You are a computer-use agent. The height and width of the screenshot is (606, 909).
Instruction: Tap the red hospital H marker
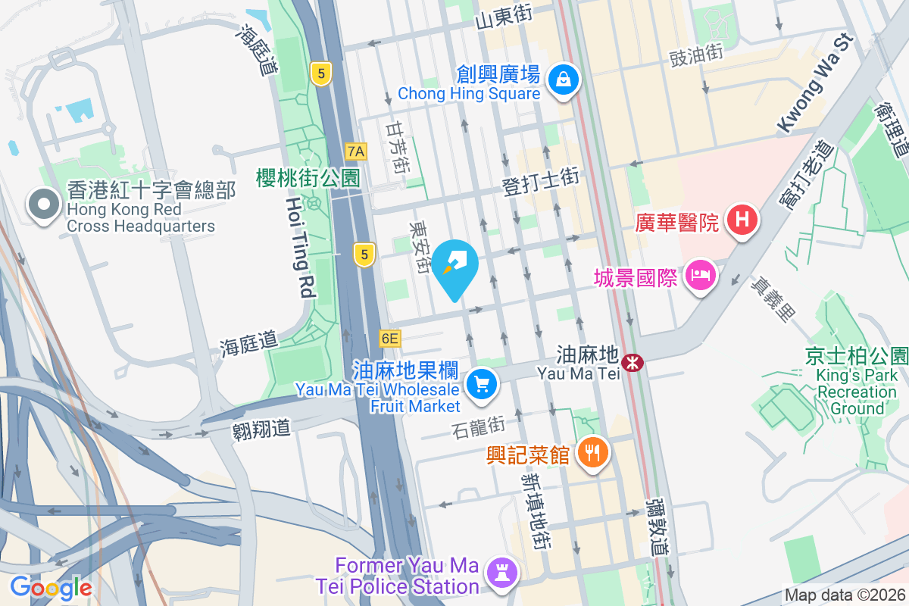click(x=742, y=220)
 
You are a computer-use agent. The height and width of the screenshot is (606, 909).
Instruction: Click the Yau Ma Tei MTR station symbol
click(x=632, y=364)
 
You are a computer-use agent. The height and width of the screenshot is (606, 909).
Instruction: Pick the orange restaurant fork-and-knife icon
click(x=592, y=453)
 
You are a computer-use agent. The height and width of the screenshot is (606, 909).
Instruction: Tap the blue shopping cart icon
click(x=482, y=383)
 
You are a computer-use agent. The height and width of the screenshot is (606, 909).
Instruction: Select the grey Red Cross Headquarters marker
click(x=43, y=205)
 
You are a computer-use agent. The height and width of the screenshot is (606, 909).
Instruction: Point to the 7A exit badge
click(x=355, y=151)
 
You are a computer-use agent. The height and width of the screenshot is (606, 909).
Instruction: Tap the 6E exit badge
click(x=389, y=338)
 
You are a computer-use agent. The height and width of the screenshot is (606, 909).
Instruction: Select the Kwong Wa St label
click(x=815, y=84)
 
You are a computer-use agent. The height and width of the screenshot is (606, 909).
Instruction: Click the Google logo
click(x=51, y=587)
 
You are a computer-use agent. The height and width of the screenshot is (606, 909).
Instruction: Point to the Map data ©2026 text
click(x=845, y=595)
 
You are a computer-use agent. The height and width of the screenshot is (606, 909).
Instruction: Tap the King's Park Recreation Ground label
click(x=857, y=383)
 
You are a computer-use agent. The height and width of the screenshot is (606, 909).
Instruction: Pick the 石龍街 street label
click(x=477, y=427)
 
